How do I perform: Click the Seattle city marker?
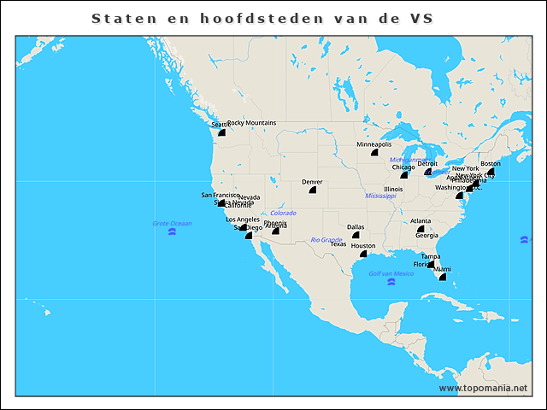[x=221, y=132]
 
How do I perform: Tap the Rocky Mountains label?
[x=252, y=123]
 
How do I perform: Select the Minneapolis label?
[x=374, y=144]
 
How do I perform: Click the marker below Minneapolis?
[x=374, y=154]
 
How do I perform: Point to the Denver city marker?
[x=312, y=190]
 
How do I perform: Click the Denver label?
[x=312, y=182]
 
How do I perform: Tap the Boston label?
[x=491, y=163]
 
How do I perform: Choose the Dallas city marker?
[x=356, y=235]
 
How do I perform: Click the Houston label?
[x=363, y=246]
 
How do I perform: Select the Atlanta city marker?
[x=421, y=229]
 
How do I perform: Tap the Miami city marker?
[x=442, y=277]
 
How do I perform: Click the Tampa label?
[x=431, y=256]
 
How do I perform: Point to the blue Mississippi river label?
[x=381, y=196]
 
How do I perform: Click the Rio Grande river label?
[x=326, y=240]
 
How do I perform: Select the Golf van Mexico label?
[x=391, y=273]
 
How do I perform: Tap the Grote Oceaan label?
[x=172, y=224]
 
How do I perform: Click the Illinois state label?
[x=393, y=189]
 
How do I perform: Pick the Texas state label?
[x=338, y=244]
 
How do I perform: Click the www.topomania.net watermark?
[x=483, y=388]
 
